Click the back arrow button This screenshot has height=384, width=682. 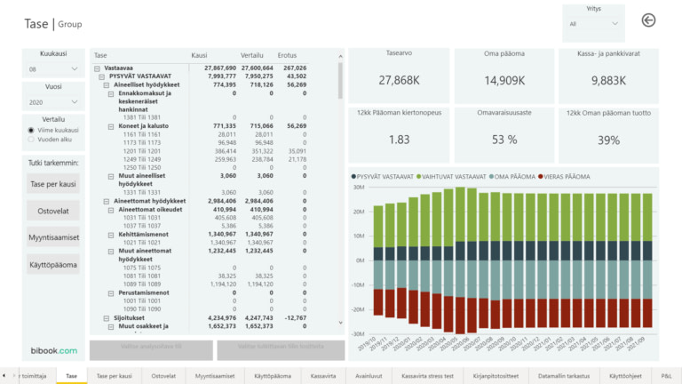[648, 20]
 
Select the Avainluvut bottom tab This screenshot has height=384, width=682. [368, 376]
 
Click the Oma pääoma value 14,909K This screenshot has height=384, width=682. [504, 81]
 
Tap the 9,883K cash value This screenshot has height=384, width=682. [608, 81]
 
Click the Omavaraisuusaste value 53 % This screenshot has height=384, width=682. [504, 140]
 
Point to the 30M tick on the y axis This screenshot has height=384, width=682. [360, 188]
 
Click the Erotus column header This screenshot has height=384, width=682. [287, 55]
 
